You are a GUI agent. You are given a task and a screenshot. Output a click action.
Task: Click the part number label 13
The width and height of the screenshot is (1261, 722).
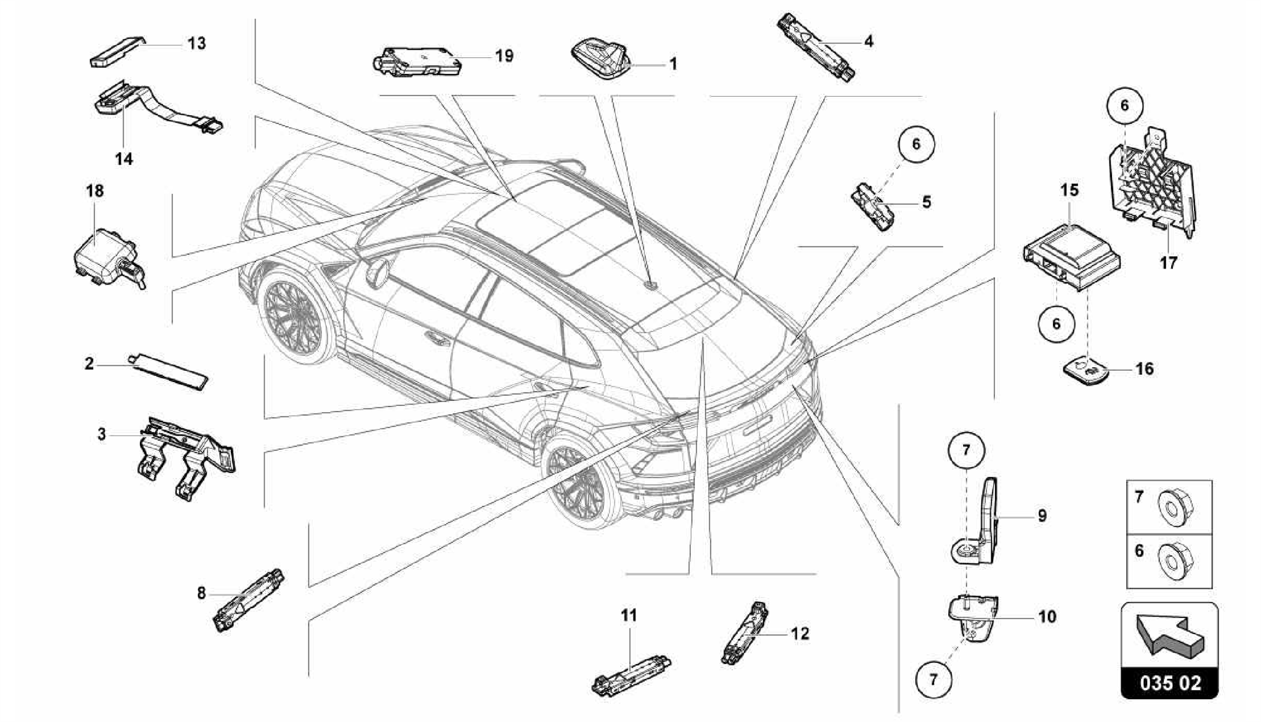[x=197, y=44]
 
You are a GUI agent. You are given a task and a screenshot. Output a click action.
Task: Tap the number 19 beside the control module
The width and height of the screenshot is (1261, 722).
[x=504, y=56]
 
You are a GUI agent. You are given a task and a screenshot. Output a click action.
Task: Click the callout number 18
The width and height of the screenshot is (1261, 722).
[x=95, y=191]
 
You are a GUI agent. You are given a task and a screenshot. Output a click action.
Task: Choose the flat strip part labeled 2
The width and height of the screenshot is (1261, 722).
[x=170, y=371]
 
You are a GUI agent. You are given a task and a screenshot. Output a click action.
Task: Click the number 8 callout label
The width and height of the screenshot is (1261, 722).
[x=201, y=593]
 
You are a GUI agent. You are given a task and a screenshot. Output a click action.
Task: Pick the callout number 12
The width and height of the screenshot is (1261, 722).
[x=800, y=633]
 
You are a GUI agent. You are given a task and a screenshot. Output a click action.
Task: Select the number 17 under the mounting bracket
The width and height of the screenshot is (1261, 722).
[x=1168, y=262]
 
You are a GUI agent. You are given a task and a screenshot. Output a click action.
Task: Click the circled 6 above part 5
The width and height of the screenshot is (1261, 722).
[x=916, y=144]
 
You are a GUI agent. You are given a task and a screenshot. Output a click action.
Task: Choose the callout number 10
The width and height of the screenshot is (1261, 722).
[x=1047, y=616]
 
